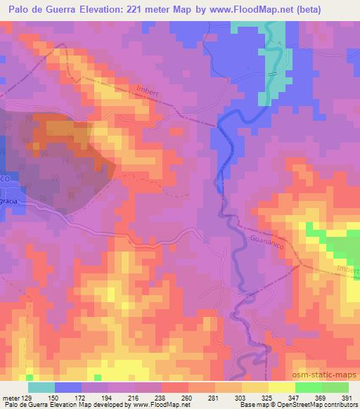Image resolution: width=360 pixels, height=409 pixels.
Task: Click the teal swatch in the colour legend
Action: pos(41,387)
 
